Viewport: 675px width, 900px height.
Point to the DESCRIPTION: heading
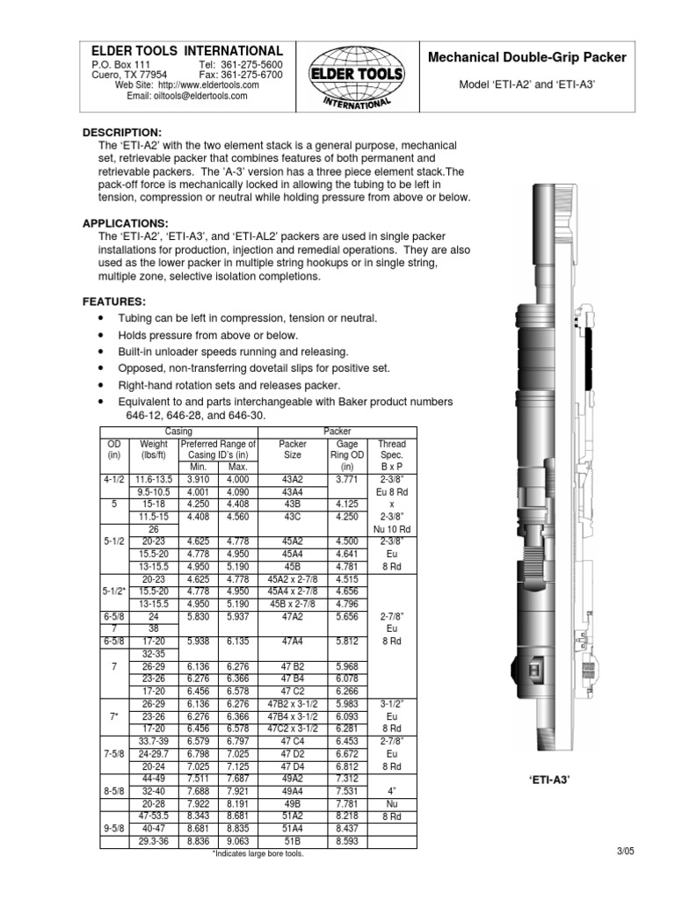pyautogui.click(x=122, y=132)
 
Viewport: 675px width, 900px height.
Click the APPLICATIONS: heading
pyautogui.click(x=125, y=223)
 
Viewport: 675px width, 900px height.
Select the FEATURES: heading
pyautogui.click(x=114, y=301)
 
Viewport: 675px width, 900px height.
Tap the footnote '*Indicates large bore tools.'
pyautogui.click(x=258, y=853)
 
